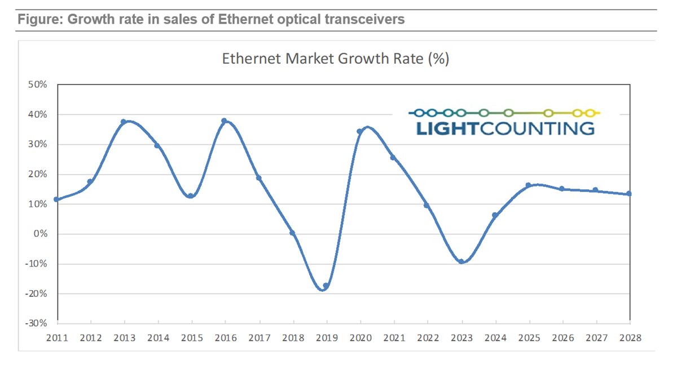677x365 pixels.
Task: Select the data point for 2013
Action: click(x=124, y=122)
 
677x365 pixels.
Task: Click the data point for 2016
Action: click(x=225, y=121)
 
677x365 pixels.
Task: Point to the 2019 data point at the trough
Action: click(x=326, y=286)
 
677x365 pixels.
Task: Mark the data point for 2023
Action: click(x=462, y=261)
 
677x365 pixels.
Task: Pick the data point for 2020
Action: click(x=359, y=132)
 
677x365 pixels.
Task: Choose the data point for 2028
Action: click(x=629, y=194)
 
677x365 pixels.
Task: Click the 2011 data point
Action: click(x=56, y=199)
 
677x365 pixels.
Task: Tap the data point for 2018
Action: click(x=292, y=233)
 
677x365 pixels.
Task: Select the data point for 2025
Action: click(x=529, y=185)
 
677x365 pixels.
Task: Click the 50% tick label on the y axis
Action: click(x=38, y=84)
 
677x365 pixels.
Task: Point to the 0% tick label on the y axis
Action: click(x=40, y=234)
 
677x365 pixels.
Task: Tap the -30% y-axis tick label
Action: click(x=36, y=323)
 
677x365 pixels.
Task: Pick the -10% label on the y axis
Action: click(x=36, y=264)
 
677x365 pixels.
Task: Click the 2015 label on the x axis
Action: click(x=192, y=337)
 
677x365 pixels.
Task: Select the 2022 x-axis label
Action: click(x=428, y=337)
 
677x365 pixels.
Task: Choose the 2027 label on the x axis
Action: click(x=596, y=337)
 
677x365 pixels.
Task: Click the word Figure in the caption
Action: click(x=38, y=20)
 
